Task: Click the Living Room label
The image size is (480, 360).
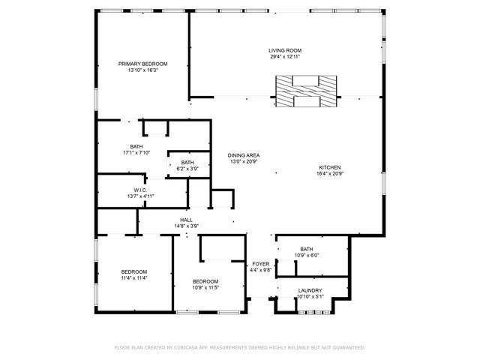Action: point(285,50)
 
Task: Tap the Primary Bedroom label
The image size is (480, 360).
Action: point(142,64)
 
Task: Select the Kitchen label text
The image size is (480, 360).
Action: point(330,167)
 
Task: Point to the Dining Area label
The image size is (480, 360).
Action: point(244,155)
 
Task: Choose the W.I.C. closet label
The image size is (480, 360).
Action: point(140,190)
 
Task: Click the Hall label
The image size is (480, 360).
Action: point(186,220)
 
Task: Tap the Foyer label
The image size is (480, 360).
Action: point(260,264)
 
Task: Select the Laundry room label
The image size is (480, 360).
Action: point(310,290)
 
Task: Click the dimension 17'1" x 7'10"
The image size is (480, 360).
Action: point(136,153)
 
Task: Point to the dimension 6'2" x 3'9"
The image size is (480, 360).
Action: point(187,169)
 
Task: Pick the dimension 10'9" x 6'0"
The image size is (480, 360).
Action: point(306,255)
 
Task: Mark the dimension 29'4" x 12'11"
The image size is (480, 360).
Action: point(285,56)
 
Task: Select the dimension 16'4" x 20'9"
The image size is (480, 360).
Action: point(330,173)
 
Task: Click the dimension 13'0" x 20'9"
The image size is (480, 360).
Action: point(244,161)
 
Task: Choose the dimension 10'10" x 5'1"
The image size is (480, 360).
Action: point(310,296)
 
